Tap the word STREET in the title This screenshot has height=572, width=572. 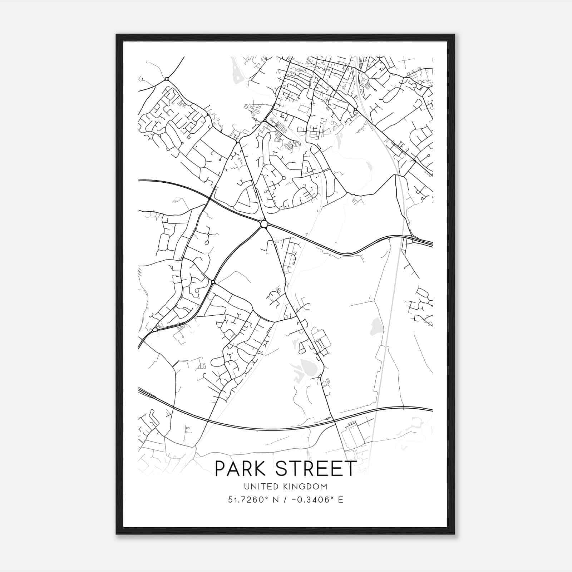317,469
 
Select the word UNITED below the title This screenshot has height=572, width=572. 257,487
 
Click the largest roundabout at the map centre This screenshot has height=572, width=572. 264,224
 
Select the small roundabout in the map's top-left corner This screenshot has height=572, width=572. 167,79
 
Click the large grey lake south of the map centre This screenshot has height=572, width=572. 307,367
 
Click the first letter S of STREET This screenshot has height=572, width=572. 283,469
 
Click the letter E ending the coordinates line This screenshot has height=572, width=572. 341,500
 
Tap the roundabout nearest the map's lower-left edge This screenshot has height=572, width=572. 154,330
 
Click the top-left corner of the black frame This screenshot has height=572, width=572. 117,35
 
